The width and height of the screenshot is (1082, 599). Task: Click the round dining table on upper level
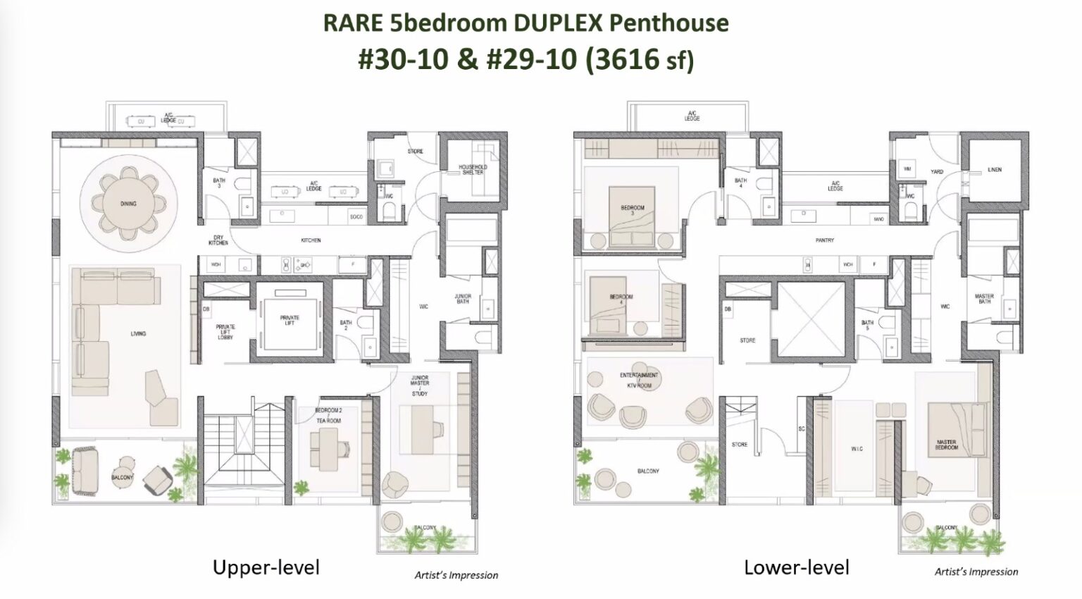(128, 204)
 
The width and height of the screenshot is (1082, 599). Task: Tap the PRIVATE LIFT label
(290, 321)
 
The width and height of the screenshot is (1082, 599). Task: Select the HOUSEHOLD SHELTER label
(473, 170)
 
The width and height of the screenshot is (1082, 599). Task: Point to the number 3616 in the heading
(626, 59)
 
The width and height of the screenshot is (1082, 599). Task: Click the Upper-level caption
(266, 567)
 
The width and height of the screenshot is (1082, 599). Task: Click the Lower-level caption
(797, 567)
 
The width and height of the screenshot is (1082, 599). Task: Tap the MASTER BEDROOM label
(946, 445)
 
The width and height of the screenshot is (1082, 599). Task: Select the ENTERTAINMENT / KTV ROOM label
(639, 381)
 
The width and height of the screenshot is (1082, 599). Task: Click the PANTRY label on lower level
(825, 240)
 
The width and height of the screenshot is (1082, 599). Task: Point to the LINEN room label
(995, 170)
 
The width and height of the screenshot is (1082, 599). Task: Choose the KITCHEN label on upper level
(311, 240)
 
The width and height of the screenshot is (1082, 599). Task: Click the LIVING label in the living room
(138, 333)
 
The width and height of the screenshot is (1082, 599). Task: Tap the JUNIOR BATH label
(463, 299)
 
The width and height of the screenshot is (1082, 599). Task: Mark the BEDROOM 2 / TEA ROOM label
(328, 415)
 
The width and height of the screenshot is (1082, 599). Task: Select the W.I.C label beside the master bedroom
(857, 448)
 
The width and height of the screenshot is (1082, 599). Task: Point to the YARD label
(937, 171)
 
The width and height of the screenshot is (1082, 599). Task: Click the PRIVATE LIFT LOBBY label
(225, 331)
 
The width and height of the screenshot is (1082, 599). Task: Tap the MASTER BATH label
(984, 299)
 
